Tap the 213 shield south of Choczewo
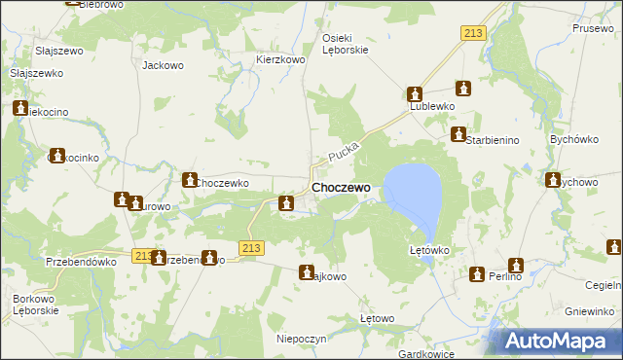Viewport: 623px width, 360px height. pos(251,248)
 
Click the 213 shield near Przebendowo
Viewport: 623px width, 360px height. pos(142,256)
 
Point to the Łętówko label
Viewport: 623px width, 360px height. pos(428,250)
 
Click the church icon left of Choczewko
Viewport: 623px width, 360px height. pos(190,179)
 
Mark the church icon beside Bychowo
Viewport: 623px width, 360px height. pos(553,180)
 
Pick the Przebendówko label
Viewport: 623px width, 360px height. pos(82,262)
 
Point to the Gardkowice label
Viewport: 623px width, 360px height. pos(428,353)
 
